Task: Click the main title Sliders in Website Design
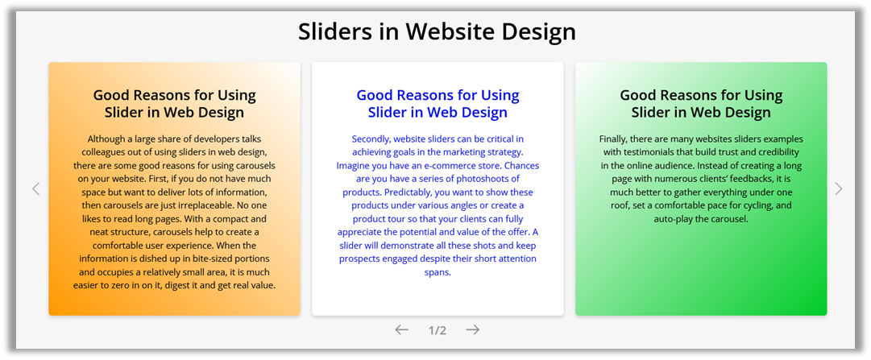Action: click(x=437, y=32)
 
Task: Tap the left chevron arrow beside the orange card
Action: click(x=36, y=189)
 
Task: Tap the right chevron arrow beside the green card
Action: click(x=839, y=189)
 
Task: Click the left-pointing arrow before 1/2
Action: click(x=401, y=330)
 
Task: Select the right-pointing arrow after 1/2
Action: click(x=473, y=330)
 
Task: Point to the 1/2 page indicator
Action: click(x=438, y=330)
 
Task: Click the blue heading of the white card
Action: click(x=438, y=104)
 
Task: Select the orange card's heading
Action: click(x=174, y=104)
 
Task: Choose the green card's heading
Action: click(x=701, y=104)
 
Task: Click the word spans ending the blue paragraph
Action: click(x=438, y=273)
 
